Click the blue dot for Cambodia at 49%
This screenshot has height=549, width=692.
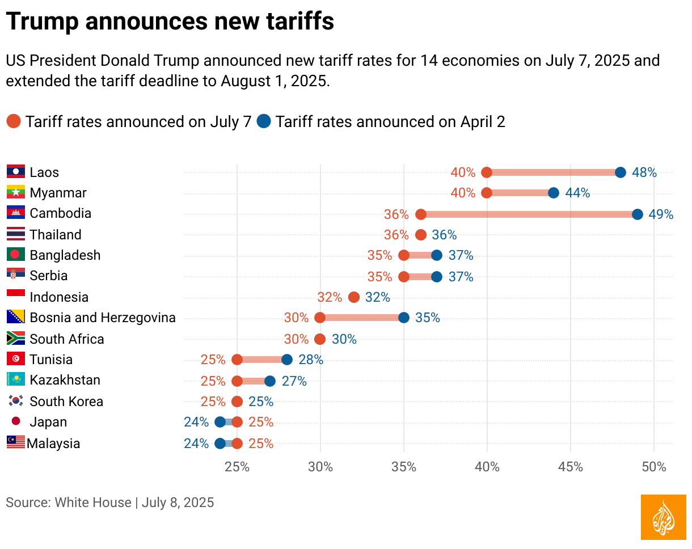click(637, 214)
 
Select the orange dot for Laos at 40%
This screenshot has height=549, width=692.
click(486, 172)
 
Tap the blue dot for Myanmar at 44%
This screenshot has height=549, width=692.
click(553, 193)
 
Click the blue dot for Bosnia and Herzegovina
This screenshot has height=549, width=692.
click(403, 318)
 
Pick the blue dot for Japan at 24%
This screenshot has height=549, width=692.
click(220, 422)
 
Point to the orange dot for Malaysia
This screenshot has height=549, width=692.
click(237, 444)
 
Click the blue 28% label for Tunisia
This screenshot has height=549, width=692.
click(311, 360)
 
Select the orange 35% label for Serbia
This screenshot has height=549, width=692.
click(379, 277)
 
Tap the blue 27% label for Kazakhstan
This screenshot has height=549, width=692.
click(294, 381)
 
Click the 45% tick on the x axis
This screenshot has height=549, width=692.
click(570, 467)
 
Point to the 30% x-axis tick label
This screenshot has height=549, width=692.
click(320, 467)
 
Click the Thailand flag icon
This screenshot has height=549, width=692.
click(16, 234)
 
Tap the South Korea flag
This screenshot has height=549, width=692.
click(16, 401)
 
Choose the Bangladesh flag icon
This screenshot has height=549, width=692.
click(16, 255)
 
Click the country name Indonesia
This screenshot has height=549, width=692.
click(59, 297)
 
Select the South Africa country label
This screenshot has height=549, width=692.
click(67, 339)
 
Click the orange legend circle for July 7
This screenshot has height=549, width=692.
click(14, 121)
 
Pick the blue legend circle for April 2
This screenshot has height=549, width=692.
click(264, 121)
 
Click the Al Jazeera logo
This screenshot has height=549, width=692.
click(663, 517)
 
